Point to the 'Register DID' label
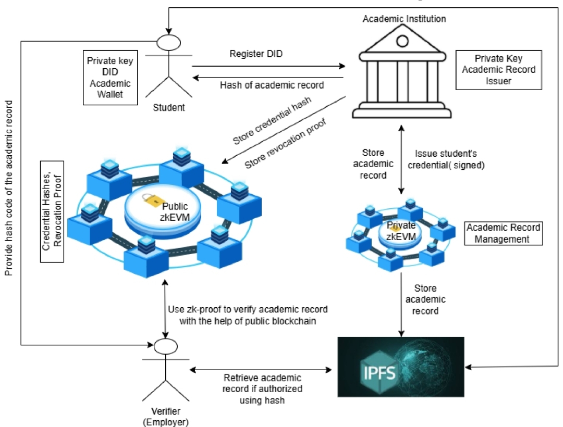[256, 54]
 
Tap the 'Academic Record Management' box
[504, 233]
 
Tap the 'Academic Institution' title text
[404, 19]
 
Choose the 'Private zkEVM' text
[401, 230]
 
